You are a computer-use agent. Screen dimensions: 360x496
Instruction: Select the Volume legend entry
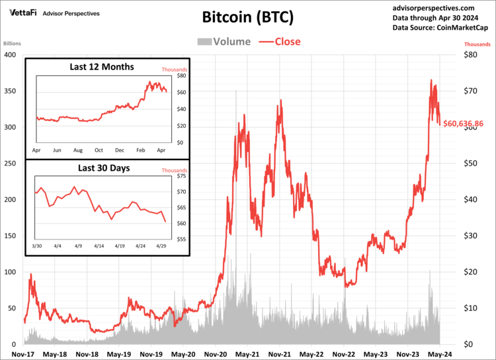click(x=224, y=42)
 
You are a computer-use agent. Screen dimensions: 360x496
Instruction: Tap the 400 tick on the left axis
click(x=10, y=54)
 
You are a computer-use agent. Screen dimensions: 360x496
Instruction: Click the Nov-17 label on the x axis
click(x=23, y=354)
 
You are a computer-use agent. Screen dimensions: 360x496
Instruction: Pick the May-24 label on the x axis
click(x=440, y=354)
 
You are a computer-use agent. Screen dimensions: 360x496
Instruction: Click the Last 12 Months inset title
click(x=102, y=67)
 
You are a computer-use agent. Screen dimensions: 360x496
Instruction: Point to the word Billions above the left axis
click(x=13, y=44)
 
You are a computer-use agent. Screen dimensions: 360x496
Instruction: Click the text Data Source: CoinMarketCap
click(x=440, y=28)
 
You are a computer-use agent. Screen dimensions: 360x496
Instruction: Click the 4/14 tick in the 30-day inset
click(x=99, y=246)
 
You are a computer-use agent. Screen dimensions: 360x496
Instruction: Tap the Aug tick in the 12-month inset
click(x=78, y=150)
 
